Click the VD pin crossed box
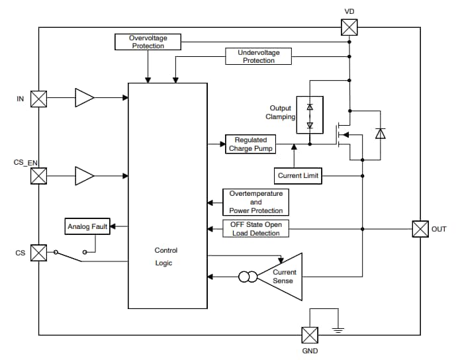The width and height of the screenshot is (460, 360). pos(349,27)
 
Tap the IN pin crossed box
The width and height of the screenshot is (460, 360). pos(39,99)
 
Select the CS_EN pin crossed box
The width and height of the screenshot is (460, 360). pos(39,176)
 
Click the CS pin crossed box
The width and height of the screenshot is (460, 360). pos(39,253)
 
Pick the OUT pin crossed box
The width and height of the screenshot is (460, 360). pos(420,229)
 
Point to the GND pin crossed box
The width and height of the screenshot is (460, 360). pos(310,335)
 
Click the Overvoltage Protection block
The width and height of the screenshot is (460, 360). pos(148,42)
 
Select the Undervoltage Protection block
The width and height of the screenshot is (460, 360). pos(258,56)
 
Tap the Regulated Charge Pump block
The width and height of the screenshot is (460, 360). pos(250,144)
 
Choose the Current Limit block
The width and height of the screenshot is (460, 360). pos(297,176)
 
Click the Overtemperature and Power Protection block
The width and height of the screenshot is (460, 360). pos(255,202)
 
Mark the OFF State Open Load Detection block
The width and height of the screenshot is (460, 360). pos(255,229)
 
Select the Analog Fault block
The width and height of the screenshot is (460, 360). pos(87,227)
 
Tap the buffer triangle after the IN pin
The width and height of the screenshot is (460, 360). pos(84,99)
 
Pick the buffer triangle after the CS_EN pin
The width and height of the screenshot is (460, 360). pos(84,176)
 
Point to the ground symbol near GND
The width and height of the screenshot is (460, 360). pos(338,329)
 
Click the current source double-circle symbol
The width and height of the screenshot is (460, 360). pos(248,277)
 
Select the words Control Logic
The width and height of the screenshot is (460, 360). pos(166,257)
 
